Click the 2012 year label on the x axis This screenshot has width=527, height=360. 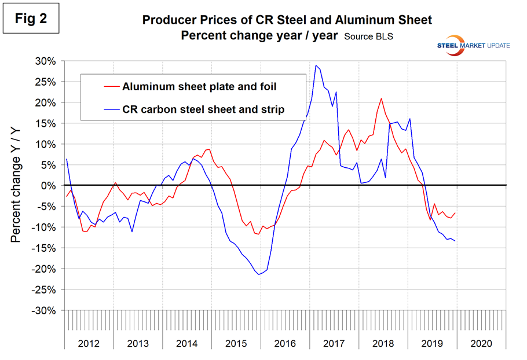point(87,343)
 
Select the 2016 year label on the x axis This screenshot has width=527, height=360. point(286,343)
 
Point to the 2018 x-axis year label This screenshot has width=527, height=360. point(383,343)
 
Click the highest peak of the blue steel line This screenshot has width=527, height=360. point(316,65)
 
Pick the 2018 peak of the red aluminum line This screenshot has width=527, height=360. point(381,98)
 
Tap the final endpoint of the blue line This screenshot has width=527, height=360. point(455,241)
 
